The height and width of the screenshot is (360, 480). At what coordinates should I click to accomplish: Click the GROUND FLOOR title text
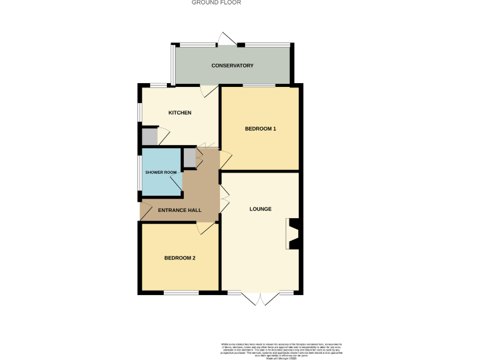(216, 2)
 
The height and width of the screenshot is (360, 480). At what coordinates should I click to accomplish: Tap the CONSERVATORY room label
(232, 66)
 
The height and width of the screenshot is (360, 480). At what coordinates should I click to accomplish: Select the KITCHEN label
(179, 112)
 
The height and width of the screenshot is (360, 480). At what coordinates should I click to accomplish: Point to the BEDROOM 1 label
(260, 129)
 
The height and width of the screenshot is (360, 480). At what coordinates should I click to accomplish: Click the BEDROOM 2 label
(180, 257)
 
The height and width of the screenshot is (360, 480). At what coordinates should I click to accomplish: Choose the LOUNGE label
(260, 209)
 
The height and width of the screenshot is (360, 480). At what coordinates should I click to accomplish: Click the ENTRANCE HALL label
(179, 211)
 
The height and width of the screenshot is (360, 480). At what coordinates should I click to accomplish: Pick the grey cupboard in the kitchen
(149, 136)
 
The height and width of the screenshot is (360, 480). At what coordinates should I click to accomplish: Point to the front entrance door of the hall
(145, 212)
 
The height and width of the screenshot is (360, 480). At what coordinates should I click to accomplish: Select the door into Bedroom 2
(207, 227)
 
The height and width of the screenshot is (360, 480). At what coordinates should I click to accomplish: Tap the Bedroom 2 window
(181, 292)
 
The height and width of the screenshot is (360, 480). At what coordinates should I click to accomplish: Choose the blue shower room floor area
(160, 185)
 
